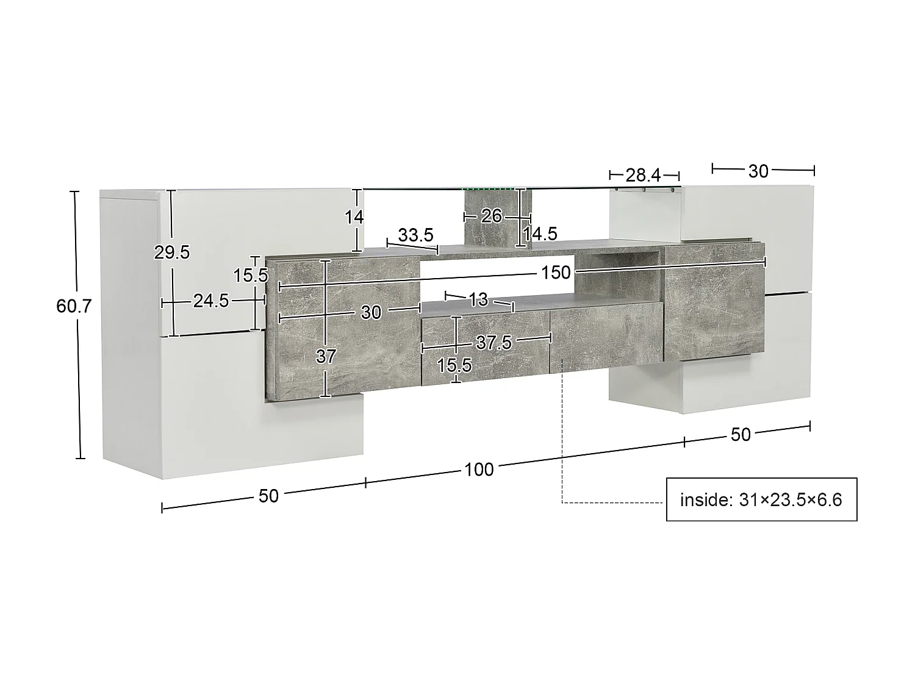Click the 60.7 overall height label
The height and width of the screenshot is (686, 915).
(73, 305)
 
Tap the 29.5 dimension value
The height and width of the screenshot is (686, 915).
(172, 252)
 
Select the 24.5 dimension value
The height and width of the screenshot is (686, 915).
(210, 300)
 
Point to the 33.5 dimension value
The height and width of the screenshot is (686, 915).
(415, 235)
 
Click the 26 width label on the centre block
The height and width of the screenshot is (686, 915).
(491, 216)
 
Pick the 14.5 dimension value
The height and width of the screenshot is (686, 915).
(540, 234)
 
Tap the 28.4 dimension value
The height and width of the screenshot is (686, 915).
(643, 176)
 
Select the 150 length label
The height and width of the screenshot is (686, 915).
(555, 272)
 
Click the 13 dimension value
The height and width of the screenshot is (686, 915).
(479, 299)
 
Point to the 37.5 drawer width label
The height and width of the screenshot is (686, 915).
(493, 343)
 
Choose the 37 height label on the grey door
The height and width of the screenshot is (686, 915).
(326, 356)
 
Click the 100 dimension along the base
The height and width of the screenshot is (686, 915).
(479, 470)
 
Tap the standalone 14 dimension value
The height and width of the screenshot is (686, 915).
(354, 216)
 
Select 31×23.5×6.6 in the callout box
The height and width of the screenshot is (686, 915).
(790, 500)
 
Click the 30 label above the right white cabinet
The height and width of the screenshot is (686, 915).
(758, 171)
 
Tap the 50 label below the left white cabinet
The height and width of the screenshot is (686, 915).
(268, 496)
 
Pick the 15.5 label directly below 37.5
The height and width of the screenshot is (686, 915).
(454, 365)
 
